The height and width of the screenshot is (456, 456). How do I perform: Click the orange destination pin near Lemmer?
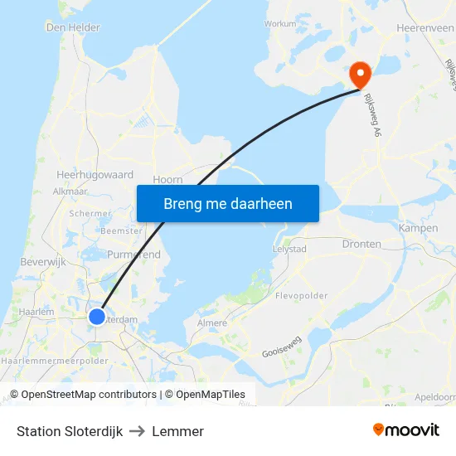point(361,74)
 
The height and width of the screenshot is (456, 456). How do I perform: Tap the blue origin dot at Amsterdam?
point(97,316)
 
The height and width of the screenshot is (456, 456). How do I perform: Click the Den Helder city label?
point(73,27)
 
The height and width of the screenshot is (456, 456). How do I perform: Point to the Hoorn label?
point(168,180)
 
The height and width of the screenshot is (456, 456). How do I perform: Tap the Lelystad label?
point(289,249)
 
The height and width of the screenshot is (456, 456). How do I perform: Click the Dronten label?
point(362,244)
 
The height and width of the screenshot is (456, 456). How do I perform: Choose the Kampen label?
point(418,228)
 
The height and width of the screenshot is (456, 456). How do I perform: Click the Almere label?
point(212,323)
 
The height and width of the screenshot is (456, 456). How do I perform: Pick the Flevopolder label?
point(301,295)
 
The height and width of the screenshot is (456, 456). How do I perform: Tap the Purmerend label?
point(133,255)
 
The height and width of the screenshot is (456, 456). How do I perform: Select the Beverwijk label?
point(42,261)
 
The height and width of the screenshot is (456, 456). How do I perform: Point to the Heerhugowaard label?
point(95,175)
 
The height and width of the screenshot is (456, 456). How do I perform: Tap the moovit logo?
point(405,430)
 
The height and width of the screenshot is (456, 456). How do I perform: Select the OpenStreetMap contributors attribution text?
point(88,395)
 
